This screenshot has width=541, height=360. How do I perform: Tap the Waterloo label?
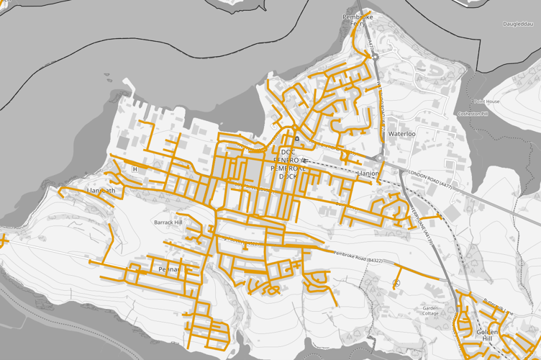(x=402, y=134)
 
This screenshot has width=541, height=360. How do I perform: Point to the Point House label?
(x=486, y=102)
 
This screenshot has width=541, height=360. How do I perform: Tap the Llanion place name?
(x=368, y=174)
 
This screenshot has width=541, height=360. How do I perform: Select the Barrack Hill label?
(x=169, y=222)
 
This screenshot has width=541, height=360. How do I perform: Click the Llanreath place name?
(x=100, y=191)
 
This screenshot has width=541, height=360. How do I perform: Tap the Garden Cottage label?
(x=430, y=310)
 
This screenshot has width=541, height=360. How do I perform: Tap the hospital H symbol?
(x=135, y=169)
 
